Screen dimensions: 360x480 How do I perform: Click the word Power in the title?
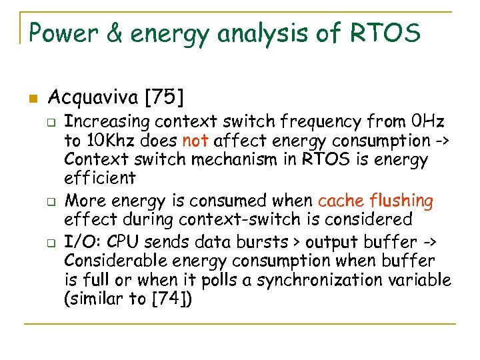61,31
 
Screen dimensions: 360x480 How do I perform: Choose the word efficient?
100,179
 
